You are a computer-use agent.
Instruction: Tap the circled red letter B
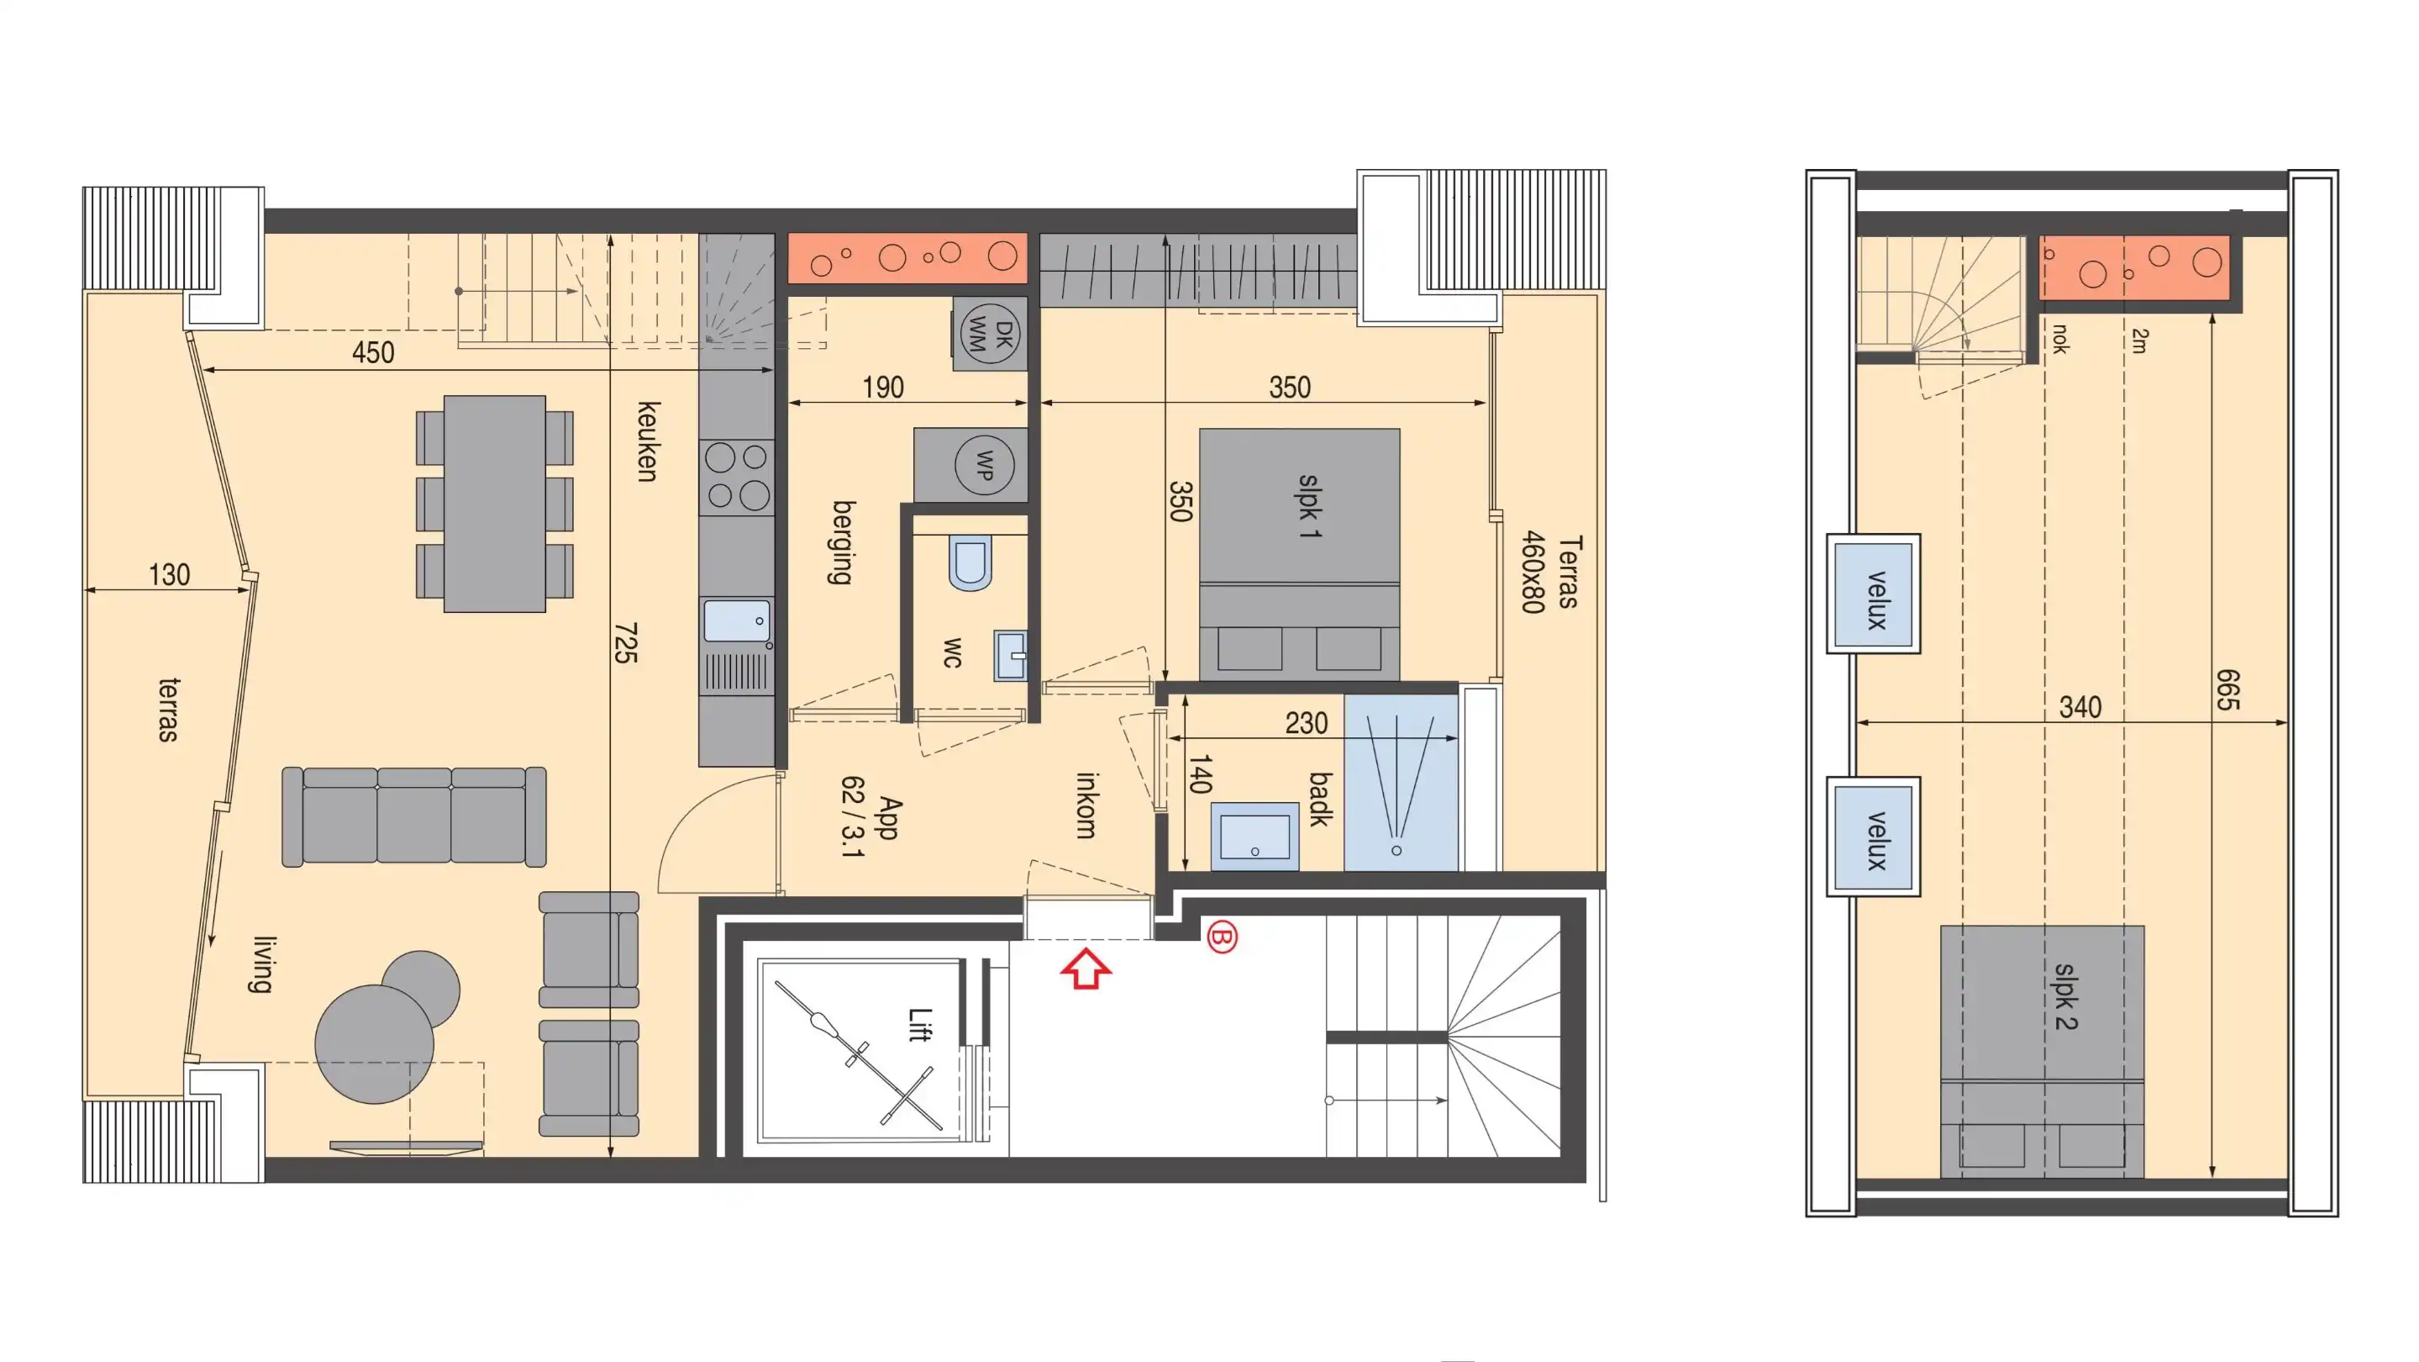click(1222, 937)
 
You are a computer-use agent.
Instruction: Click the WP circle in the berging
click(984, 464)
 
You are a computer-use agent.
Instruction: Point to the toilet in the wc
click(970, 562)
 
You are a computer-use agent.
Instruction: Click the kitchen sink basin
click(736, 620)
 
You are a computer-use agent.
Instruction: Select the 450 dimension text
click(373, 353)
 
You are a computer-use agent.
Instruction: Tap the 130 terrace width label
click(169, 575)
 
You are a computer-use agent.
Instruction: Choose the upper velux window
click(1874, 594)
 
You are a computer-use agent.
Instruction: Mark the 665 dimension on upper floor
click(2227, 690)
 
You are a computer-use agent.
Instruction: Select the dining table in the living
click(495, 504)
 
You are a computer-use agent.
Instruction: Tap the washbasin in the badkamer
click(1254, 836)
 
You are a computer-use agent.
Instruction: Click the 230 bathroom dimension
click(1307, 723)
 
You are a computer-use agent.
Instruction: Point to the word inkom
click(1086, 805)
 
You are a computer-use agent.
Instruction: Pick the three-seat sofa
click(414, 816)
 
